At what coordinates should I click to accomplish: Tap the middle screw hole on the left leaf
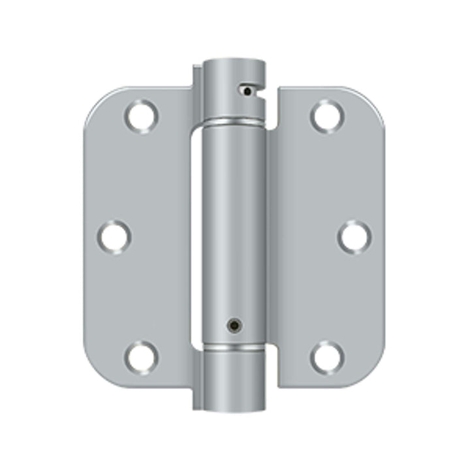tap(115, 236)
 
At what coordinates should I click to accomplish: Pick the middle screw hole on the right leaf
tap(354, 236)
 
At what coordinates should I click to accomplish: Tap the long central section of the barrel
tap(234, 228)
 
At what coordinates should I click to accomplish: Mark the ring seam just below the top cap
tap(234, 122)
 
